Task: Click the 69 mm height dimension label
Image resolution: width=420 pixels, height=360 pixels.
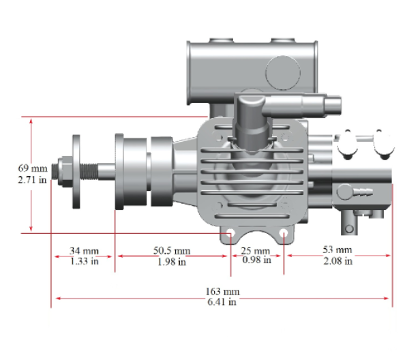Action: pos(33,168)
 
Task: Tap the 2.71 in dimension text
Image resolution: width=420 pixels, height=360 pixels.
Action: pos(33,179)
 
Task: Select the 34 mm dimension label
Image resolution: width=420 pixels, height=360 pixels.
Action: pos(84,251)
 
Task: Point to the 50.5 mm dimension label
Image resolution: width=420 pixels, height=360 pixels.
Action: pos(172,251)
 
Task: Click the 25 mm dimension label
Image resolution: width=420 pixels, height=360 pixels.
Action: pos(255,251)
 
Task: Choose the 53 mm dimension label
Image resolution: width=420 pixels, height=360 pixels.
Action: pos(337,250)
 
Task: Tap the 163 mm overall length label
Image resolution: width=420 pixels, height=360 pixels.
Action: pos(222,291)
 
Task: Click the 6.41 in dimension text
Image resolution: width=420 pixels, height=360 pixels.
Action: pos(222,302)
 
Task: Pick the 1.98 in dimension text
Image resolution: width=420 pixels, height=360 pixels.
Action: pos(172,262)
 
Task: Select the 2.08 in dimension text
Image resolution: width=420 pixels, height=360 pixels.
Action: pos(337,261)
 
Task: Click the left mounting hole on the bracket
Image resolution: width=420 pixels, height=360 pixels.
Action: pos(230,233)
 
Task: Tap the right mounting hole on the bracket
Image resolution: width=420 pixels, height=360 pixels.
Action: pos(284,233)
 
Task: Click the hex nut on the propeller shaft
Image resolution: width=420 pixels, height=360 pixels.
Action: pos(65,171)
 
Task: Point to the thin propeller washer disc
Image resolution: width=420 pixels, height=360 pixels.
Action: pos(76,171)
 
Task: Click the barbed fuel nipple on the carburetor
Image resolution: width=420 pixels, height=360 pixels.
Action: pos(363,191)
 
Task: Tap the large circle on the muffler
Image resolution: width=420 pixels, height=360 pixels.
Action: pos(283,73)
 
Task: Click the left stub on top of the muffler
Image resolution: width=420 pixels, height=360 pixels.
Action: pos(221,40)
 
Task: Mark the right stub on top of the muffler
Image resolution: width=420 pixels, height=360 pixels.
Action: pos(283,40)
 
